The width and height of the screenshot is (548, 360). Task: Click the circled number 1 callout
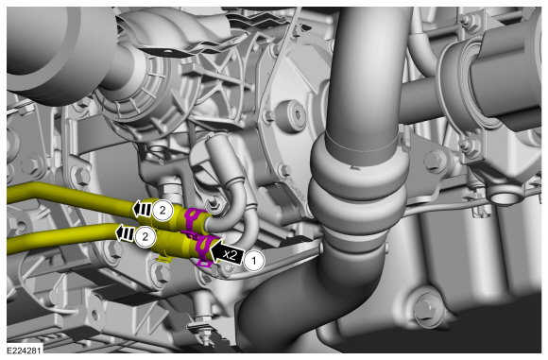(x=254, y=260)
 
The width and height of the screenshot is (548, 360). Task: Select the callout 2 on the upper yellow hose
(x=163, y=210)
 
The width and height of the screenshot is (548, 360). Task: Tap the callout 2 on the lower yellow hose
(x=146, y=236)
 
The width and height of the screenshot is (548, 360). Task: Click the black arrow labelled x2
(x=226, y=252)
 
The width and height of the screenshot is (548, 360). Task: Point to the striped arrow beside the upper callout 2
(x=142, y=210)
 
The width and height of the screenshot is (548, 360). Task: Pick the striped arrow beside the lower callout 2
(x=125, y=233)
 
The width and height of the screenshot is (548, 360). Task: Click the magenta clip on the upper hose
(x=194, y=219)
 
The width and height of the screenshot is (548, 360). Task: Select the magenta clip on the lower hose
(x=205, y=249)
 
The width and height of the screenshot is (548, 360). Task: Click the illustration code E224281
(x=25, y=350)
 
